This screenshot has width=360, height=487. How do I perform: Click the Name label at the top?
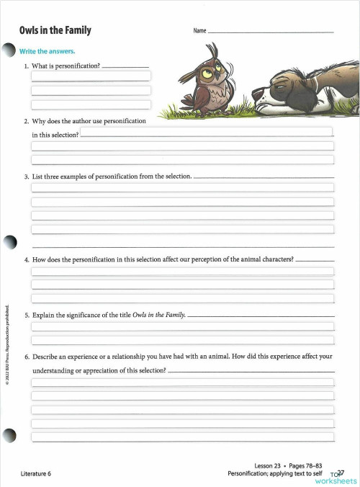[x=199, y=31]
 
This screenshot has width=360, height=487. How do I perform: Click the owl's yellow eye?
[x=207, y=71]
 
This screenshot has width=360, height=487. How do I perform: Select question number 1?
[x=27, y=66]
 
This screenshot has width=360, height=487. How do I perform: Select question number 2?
[x=27, y=120]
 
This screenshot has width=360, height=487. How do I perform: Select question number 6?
[x=27, y=356]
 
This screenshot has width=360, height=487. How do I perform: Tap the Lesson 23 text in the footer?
[x=270, y=465]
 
